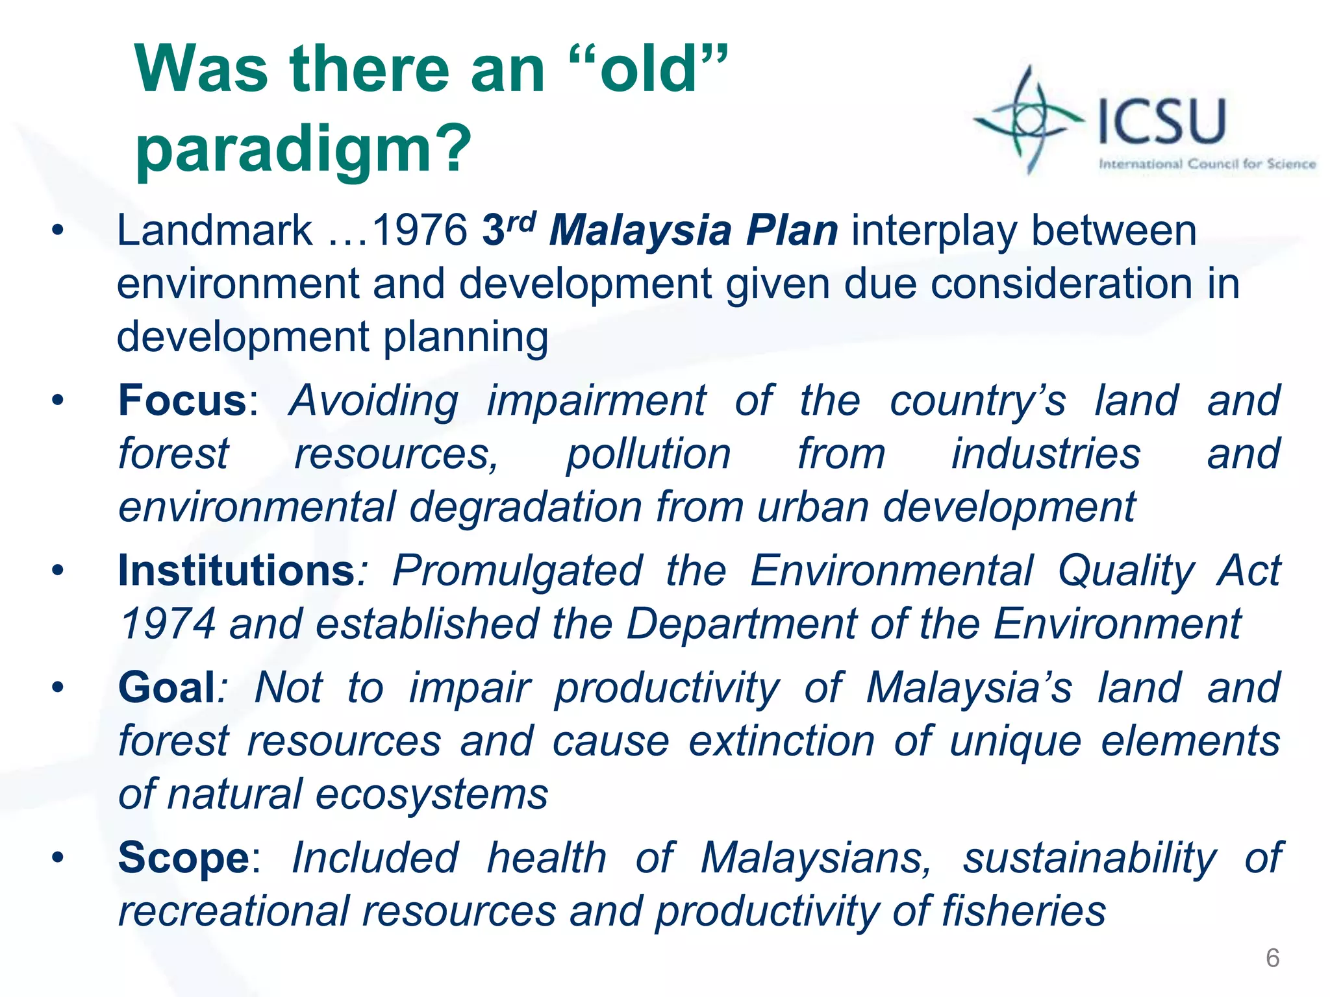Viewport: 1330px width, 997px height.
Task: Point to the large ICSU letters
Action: click(x=1162, y=121)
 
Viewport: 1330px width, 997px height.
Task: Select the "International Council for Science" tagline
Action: click(x=1207, y=164)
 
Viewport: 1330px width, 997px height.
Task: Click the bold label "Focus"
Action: click(x=182, y=400)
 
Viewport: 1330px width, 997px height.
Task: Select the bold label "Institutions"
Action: click(x=236, y=571)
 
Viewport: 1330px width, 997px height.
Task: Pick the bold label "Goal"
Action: click(x=166, y=687)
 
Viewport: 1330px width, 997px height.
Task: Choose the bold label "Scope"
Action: click(x=184, y=857)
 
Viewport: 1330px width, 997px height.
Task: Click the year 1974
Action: click(x=168, y=624)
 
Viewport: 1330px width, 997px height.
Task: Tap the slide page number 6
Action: click(x=1272, y=958)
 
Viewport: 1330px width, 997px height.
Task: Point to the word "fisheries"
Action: click(x=1023, y=911)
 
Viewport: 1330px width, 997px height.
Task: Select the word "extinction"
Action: click(x=781, y=741)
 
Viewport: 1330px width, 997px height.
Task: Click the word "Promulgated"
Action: click(x=518, y=571)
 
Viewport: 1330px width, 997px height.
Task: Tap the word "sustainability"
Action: click(x=1089, y=857)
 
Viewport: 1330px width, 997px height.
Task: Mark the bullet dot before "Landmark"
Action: click(x=58, y=230)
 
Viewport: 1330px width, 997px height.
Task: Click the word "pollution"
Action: click(x=648, y=454)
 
